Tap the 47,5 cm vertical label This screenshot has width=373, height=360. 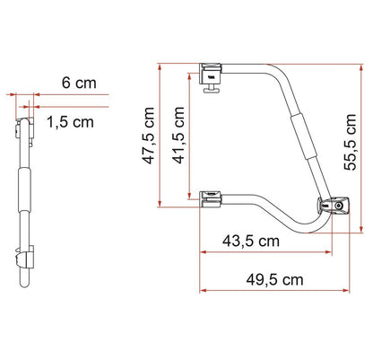click(149, 134)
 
